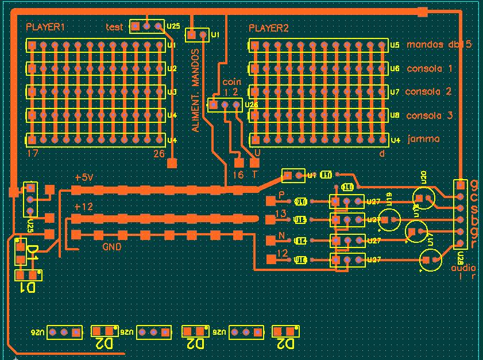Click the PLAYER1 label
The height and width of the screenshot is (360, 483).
click(x=45, y=28)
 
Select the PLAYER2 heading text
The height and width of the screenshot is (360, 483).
click(x=269, y=28)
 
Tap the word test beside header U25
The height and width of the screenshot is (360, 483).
click(x=115, y=27)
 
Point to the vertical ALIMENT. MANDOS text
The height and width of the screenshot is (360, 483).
click(x=196, y=91)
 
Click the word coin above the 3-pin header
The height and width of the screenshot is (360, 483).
click(x=231, y=82)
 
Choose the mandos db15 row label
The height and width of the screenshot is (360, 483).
click(x=439, y=44)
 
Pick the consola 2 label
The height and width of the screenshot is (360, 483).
click(x=428, y=92)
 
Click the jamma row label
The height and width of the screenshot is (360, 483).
click(x=423, y=139)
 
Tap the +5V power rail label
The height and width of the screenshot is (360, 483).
click(x=83, y=178)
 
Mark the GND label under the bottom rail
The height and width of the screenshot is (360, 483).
click(x=111, y=247)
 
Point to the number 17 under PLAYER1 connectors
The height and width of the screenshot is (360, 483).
click(x=32, y=154)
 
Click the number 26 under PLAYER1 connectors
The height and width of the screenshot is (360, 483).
click(x=159, y=154)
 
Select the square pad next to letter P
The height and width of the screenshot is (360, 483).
click(x=271, y=201)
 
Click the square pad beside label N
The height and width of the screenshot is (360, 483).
click(x=271, y=239)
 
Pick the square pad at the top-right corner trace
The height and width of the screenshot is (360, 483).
click(x=423, y=11)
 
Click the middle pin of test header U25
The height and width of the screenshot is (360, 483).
click(x=147, y=26)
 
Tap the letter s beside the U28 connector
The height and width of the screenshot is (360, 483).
click(x=474, y=208)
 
